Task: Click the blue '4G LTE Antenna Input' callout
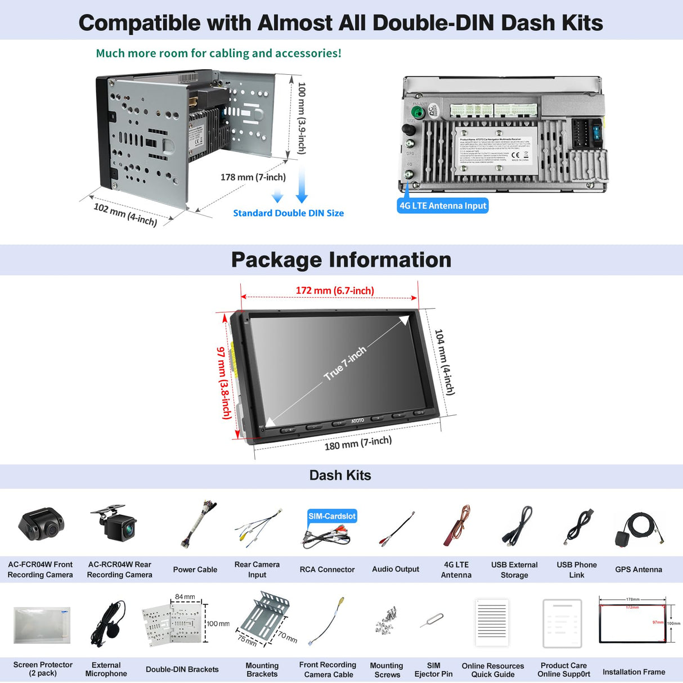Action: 443,206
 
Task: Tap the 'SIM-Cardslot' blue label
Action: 332,516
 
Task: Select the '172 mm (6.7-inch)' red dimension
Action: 335,291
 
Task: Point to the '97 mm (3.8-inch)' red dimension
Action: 224,383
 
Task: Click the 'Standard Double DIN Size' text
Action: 288,213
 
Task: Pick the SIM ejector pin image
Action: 432,621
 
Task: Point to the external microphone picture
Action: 107,623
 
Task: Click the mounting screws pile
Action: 387,620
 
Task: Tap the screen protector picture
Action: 42,624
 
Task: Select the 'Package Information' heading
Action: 341,260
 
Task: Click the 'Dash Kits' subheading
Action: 340,475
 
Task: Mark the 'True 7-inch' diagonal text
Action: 345,363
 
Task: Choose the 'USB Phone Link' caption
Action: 577,569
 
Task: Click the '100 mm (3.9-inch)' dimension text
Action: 302,118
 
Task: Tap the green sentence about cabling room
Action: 218,53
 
